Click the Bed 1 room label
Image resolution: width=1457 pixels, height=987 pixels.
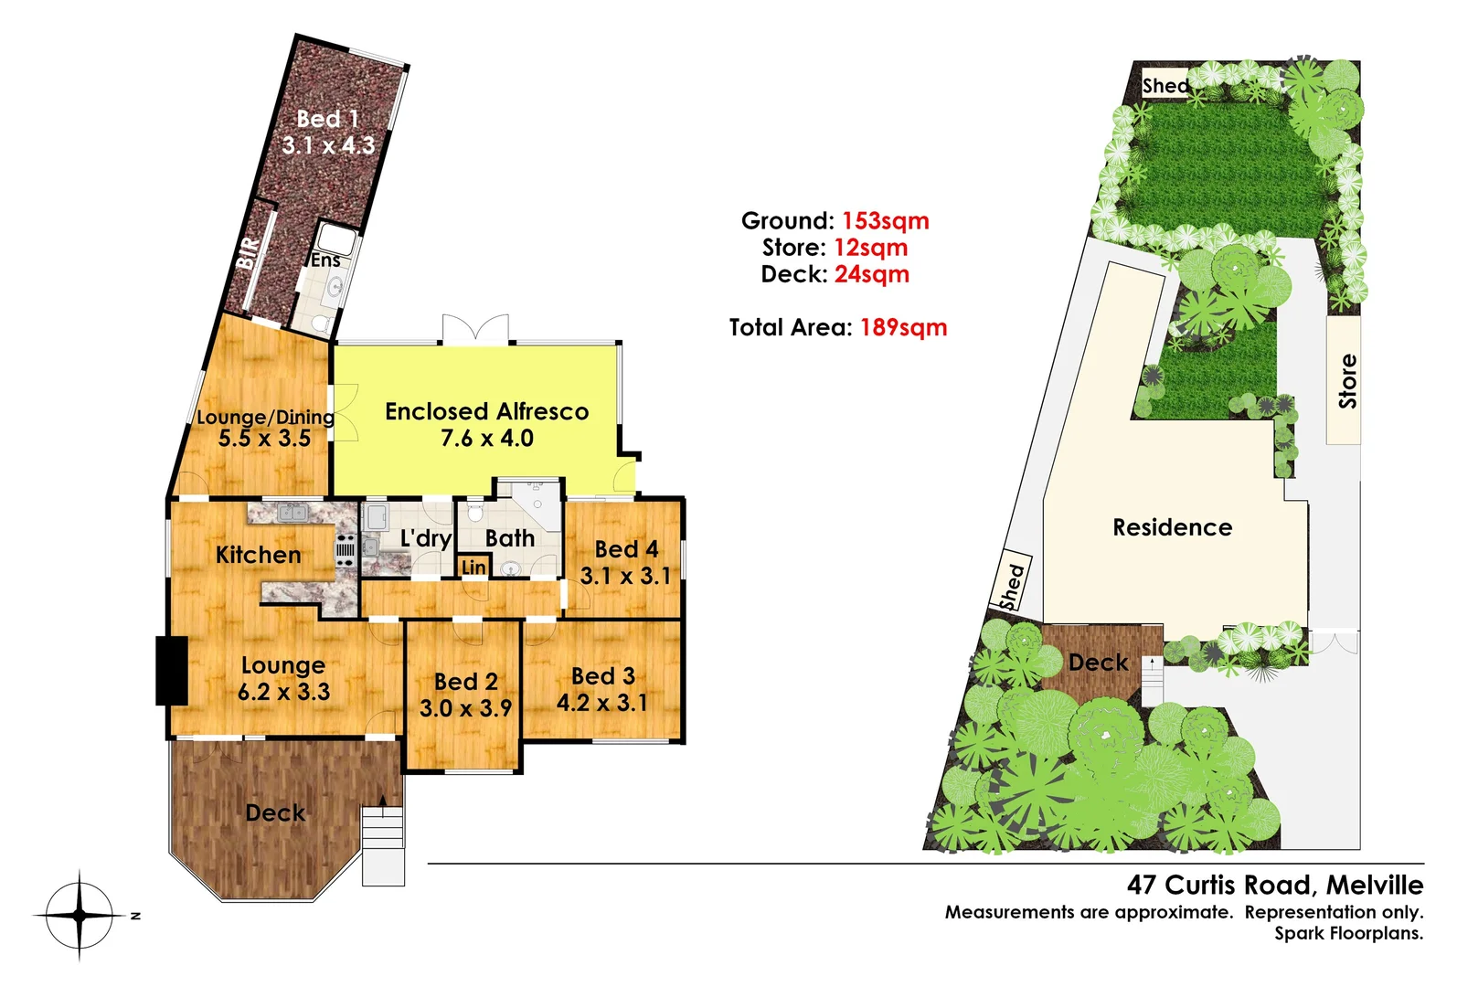pos(327,119)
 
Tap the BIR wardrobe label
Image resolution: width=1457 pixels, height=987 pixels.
pos(248,253)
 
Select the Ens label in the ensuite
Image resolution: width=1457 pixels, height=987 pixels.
pos(325,260)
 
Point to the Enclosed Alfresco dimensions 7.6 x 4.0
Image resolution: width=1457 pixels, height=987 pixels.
pos(486,439)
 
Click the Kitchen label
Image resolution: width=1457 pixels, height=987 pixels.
pos(258,555)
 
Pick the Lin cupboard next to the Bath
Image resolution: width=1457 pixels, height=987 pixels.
pos(473,568)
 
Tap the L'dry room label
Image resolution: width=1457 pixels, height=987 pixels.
pos(426,538)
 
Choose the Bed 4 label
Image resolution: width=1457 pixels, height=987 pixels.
pos(626,549)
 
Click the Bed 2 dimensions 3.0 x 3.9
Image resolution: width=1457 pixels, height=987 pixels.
pos(466,708)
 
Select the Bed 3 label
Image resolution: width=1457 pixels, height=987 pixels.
pos(602,676)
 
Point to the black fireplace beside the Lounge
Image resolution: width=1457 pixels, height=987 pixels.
pos(171,670)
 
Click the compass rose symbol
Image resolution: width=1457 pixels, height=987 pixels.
pos(80,915)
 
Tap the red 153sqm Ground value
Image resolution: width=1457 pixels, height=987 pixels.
pos(885,221)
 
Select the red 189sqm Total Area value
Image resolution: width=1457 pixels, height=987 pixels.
pos(903,328)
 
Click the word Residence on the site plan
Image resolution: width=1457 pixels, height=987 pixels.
pos(1172,527)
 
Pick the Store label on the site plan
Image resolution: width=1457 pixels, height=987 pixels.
pos(1347,381)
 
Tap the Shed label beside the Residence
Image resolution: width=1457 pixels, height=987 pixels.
pos(1011,586)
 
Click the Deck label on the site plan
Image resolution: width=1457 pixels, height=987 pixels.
pos(1098,663)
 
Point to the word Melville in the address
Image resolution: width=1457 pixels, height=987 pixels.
pos(1374,885)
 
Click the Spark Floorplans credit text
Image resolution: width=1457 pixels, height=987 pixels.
pos(1348,934)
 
